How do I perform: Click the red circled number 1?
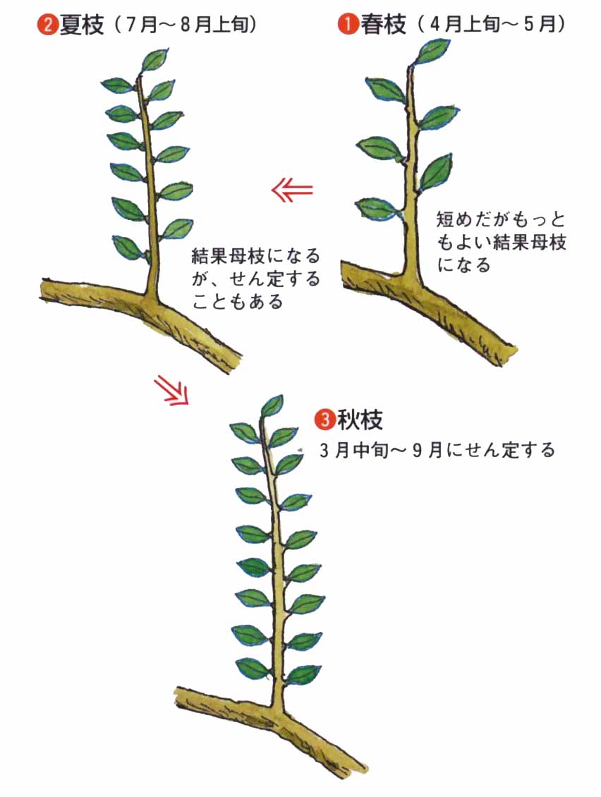348,24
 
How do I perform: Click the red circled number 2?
47,24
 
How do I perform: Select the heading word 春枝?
384,24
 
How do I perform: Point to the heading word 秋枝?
360,420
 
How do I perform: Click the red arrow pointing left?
292,190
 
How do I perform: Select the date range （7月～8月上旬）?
185,24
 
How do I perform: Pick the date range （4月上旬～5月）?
490,24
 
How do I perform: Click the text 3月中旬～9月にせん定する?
437,451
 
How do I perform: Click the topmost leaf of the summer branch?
154,60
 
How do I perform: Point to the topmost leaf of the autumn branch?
272,406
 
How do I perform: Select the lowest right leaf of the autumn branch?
303,675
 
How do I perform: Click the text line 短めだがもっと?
501,219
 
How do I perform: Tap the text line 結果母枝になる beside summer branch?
256,255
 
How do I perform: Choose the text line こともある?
238,302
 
